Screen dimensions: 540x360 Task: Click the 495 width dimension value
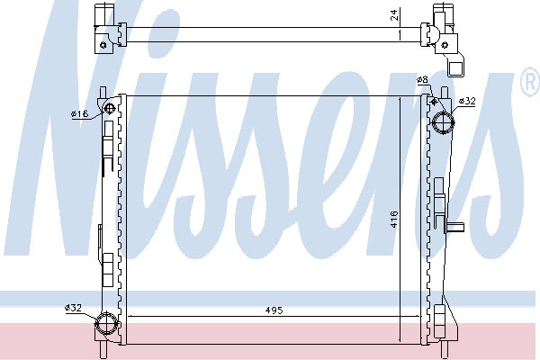(x=274, y=310)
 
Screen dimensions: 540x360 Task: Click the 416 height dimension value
(x=394, y=219)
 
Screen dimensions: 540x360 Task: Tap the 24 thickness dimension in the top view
(x=395, y=14)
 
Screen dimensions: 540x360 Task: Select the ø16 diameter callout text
(x=79, y=113)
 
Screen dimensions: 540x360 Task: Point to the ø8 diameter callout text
(x=422, y=80)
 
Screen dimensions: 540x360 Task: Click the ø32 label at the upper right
(x=467, y=101)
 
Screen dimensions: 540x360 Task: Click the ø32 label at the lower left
(x=74, y=308)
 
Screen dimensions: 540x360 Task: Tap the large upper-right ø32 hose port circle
(x=444, y=122)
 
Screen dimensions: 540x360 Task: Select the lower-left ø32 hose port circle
(x=106, y=323)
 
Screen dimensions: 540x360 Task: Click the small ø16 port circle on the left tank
(x=110, y=109)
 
